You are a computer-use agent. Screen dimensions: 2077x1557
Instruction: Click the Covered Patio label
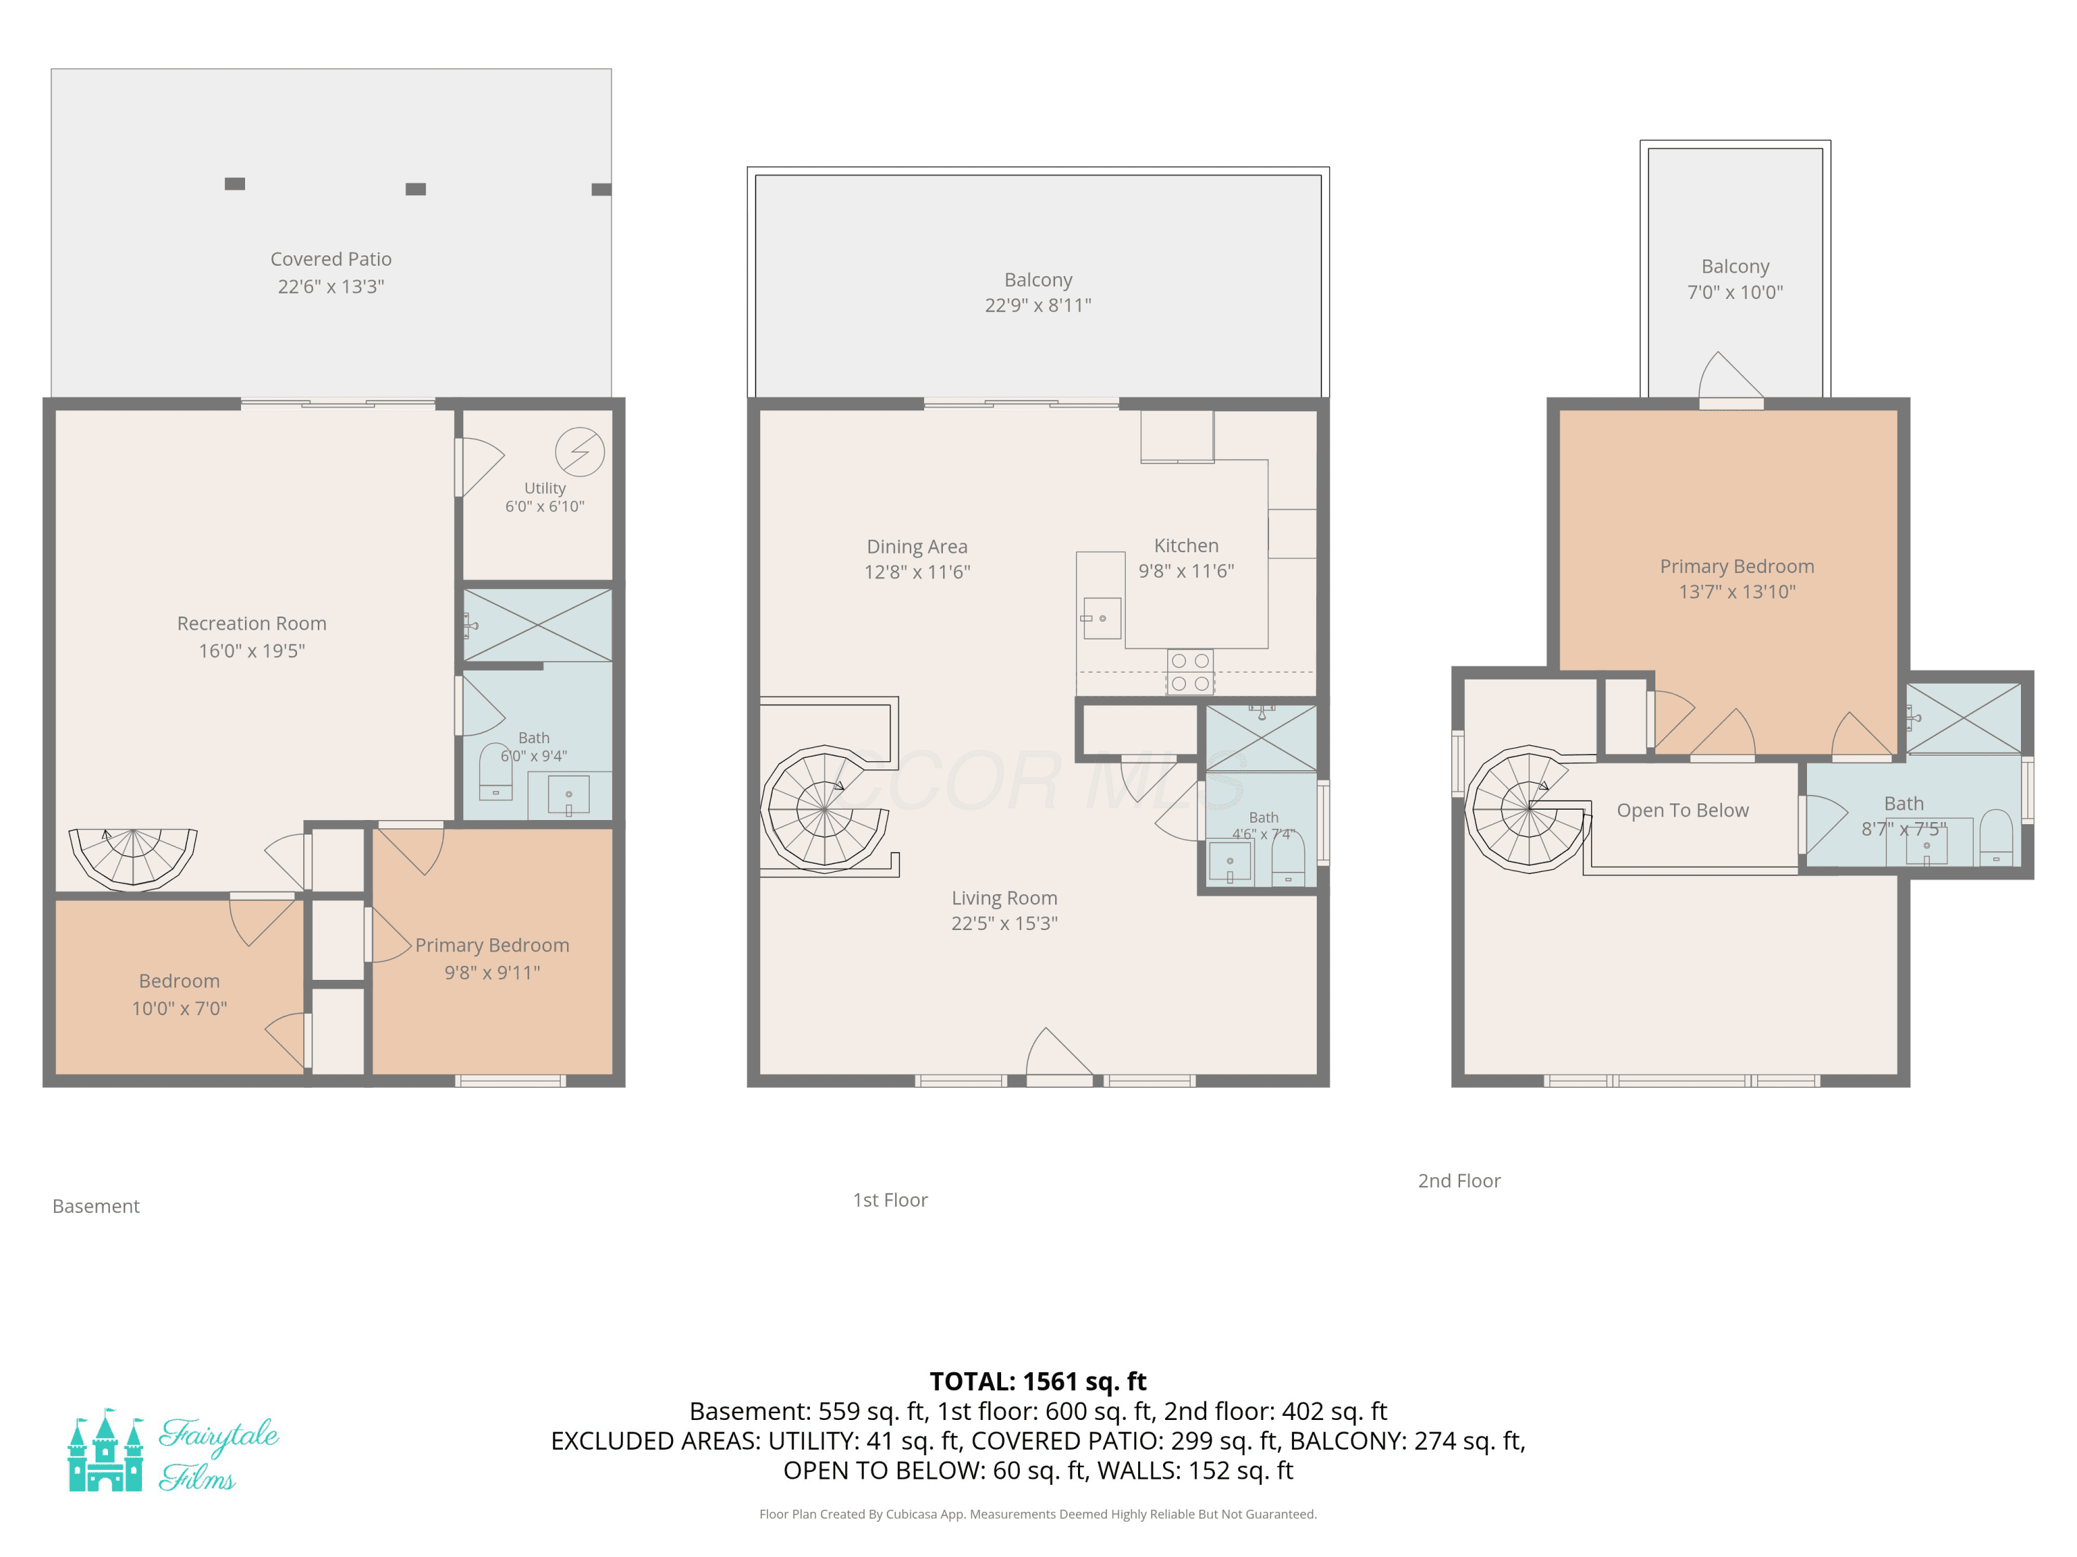click(330, 259)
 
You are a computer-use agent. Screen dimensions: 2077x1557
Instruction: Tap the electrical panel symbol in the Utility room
click(579, 451)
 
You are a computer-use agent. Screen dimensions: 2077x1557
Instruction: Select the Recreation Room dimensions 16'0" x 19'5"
click(251, 650)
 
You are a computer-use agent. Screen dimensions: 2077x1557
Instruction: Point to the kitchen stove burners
click(1189, 672)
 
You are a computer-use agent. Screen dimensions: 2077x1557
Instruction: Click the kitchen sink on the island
click(1102, 619)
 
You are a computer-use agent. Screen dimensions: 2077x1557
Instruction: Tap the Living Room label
click(1004, 898)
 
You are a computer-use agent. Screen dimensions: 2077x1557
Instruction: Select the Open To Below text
click(1682, 810)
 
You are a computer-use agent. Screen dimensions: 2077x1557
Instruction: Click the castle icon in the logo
click(105, 1450)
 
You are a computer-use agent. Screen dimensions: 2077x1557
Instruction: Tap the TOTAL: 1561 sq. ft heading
click(1038, 1381)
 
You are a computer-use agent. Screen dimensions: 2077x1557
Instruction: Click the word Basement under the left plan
click(96, 1206)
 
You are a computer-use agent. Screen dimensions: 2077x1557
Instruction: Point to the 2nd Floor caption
click(1459, 1181)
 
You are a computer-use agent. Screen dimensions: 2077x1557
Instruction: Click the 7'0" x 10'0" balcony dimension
click(1735, 292)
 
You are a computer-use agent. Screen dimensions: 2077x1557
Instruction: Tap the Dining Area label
click(917, 546)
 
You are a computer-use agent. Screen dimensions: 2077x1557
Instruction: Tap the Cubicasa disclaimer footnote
click(1038, 1514)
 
